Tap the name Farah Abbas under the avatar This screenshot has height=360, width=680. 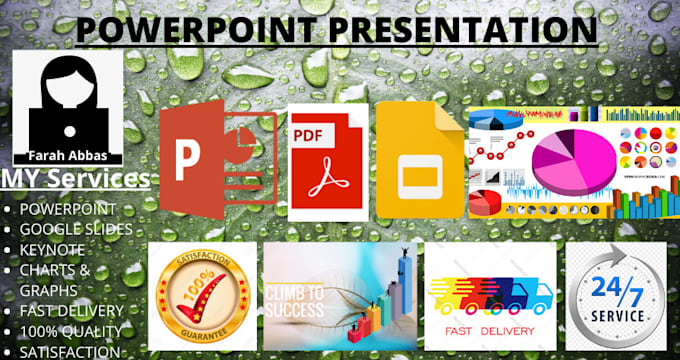click(x=67, y=156)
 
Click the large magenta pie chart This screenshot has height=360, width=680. click(x=569, y=162)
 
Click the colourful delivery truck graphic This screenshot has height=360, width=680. click(x=490, y=291)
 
